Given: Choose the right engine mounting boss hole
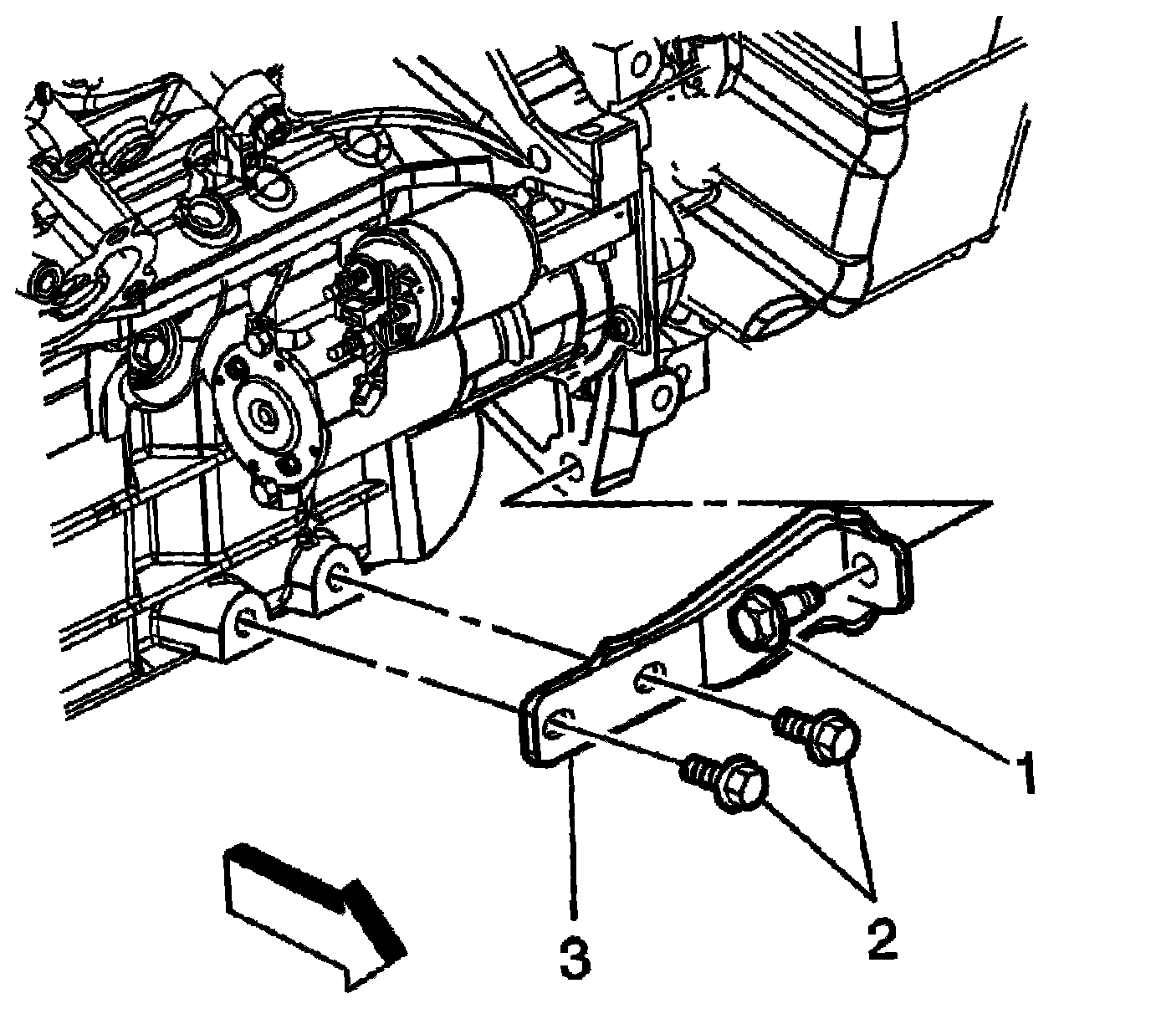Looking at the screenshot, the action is [338, 571].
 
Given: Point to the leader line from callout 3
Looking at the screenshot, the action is [573, 837].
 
